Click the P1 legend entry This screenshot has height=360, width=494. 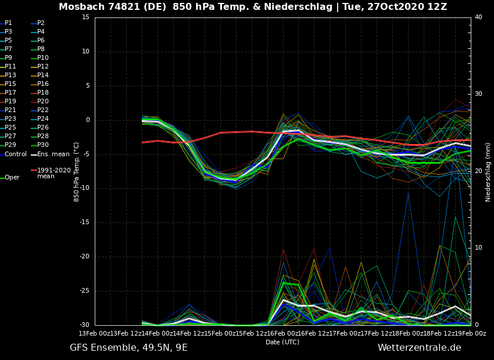8,23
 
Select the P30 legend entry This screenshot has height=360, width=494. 43,145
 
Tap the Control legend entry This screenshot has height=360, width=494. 15,154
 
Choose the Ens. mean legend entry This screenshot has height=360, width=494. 53,154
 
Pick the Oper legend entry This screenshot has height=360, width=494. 12,178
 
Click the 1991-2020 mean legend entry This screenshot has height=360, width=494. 53,173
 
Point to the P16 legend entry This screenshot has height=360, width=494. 43,84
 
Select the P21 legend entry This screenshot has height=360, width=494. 10,110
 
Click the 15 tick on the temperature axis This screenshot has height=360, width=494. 85,17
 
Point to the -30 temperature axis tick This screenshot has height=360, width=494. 84,325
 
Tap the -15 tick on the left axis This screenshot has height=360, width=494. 84,222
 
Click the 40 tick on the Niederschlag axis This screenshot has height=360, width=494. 478,17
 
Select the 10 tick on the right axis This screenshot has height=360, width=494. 478,248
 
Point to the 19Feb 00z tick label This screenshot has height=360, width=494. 471,333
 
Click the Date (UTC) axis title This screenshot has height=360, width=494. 282,342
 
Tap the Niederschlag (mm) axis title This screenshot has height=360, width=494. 488,172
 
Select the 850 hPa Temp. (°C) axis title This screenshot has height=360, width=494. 77,172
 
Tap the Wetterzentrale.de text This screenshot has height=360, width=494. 419,348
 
